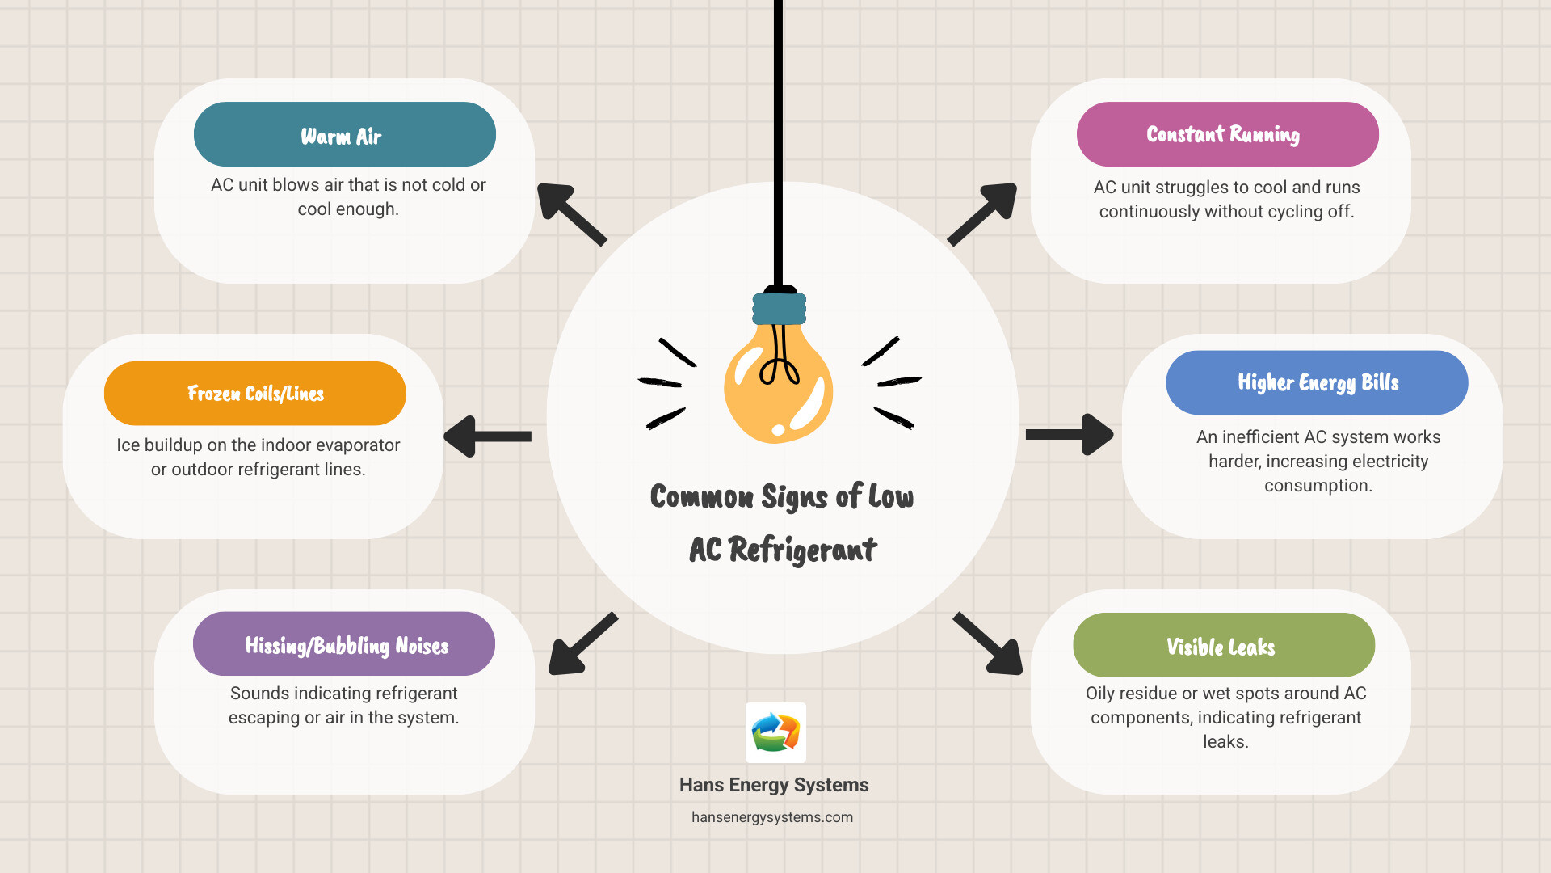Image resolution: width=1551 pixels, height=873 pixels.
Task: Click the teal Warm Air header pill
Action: (x=344, y=134)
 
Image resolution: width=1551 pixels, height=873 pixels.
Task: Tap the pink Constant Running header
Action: (x=1227, y=134)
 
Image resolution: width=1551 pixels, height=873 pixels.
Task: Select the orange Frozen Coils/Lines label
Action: (x=254, y=394)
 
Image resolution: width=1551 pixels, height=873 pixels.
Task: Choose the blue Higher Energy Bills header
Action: (x=1317, y=382)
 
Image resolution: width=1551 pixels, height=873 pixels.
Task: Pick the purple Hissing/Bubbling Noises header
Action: (x=344, y=644)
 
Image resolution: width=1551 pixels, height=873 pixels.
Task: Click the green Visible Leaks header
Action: (x=1223, y=645)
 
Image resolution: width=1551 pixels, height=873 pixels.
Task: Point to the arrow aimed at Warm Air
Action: (x=570, y=213)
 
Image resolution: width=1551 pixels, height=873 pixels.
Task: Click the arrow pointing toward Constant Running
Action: (x=982, y=214)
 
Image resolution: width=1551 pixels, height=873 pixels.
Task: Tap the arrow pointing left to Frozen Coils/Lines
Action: (x=487, y=436)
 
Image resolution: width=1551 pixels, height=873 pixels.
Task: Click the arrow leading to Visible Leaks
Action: (x=989, y=644)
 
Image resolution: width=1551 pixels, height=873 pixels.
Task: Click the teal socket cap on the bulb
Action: (x=779, y=309)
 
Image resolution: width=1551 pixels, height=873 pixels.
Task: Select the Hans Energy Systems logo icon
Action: (x=775, y=732)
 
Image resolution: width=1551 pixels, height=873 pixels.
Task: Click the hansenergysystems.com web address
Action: (x=772, y=817)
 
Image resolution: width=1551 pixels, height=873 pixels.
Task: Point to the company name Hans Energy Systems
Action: (x=774, y=785)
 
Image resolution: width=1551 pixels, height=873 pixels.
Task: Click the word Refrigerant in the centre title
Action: (x=802, y=550)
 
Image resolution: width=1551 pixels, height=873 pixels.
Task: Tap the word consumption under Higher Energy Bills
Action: (x=1318, y=486)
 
